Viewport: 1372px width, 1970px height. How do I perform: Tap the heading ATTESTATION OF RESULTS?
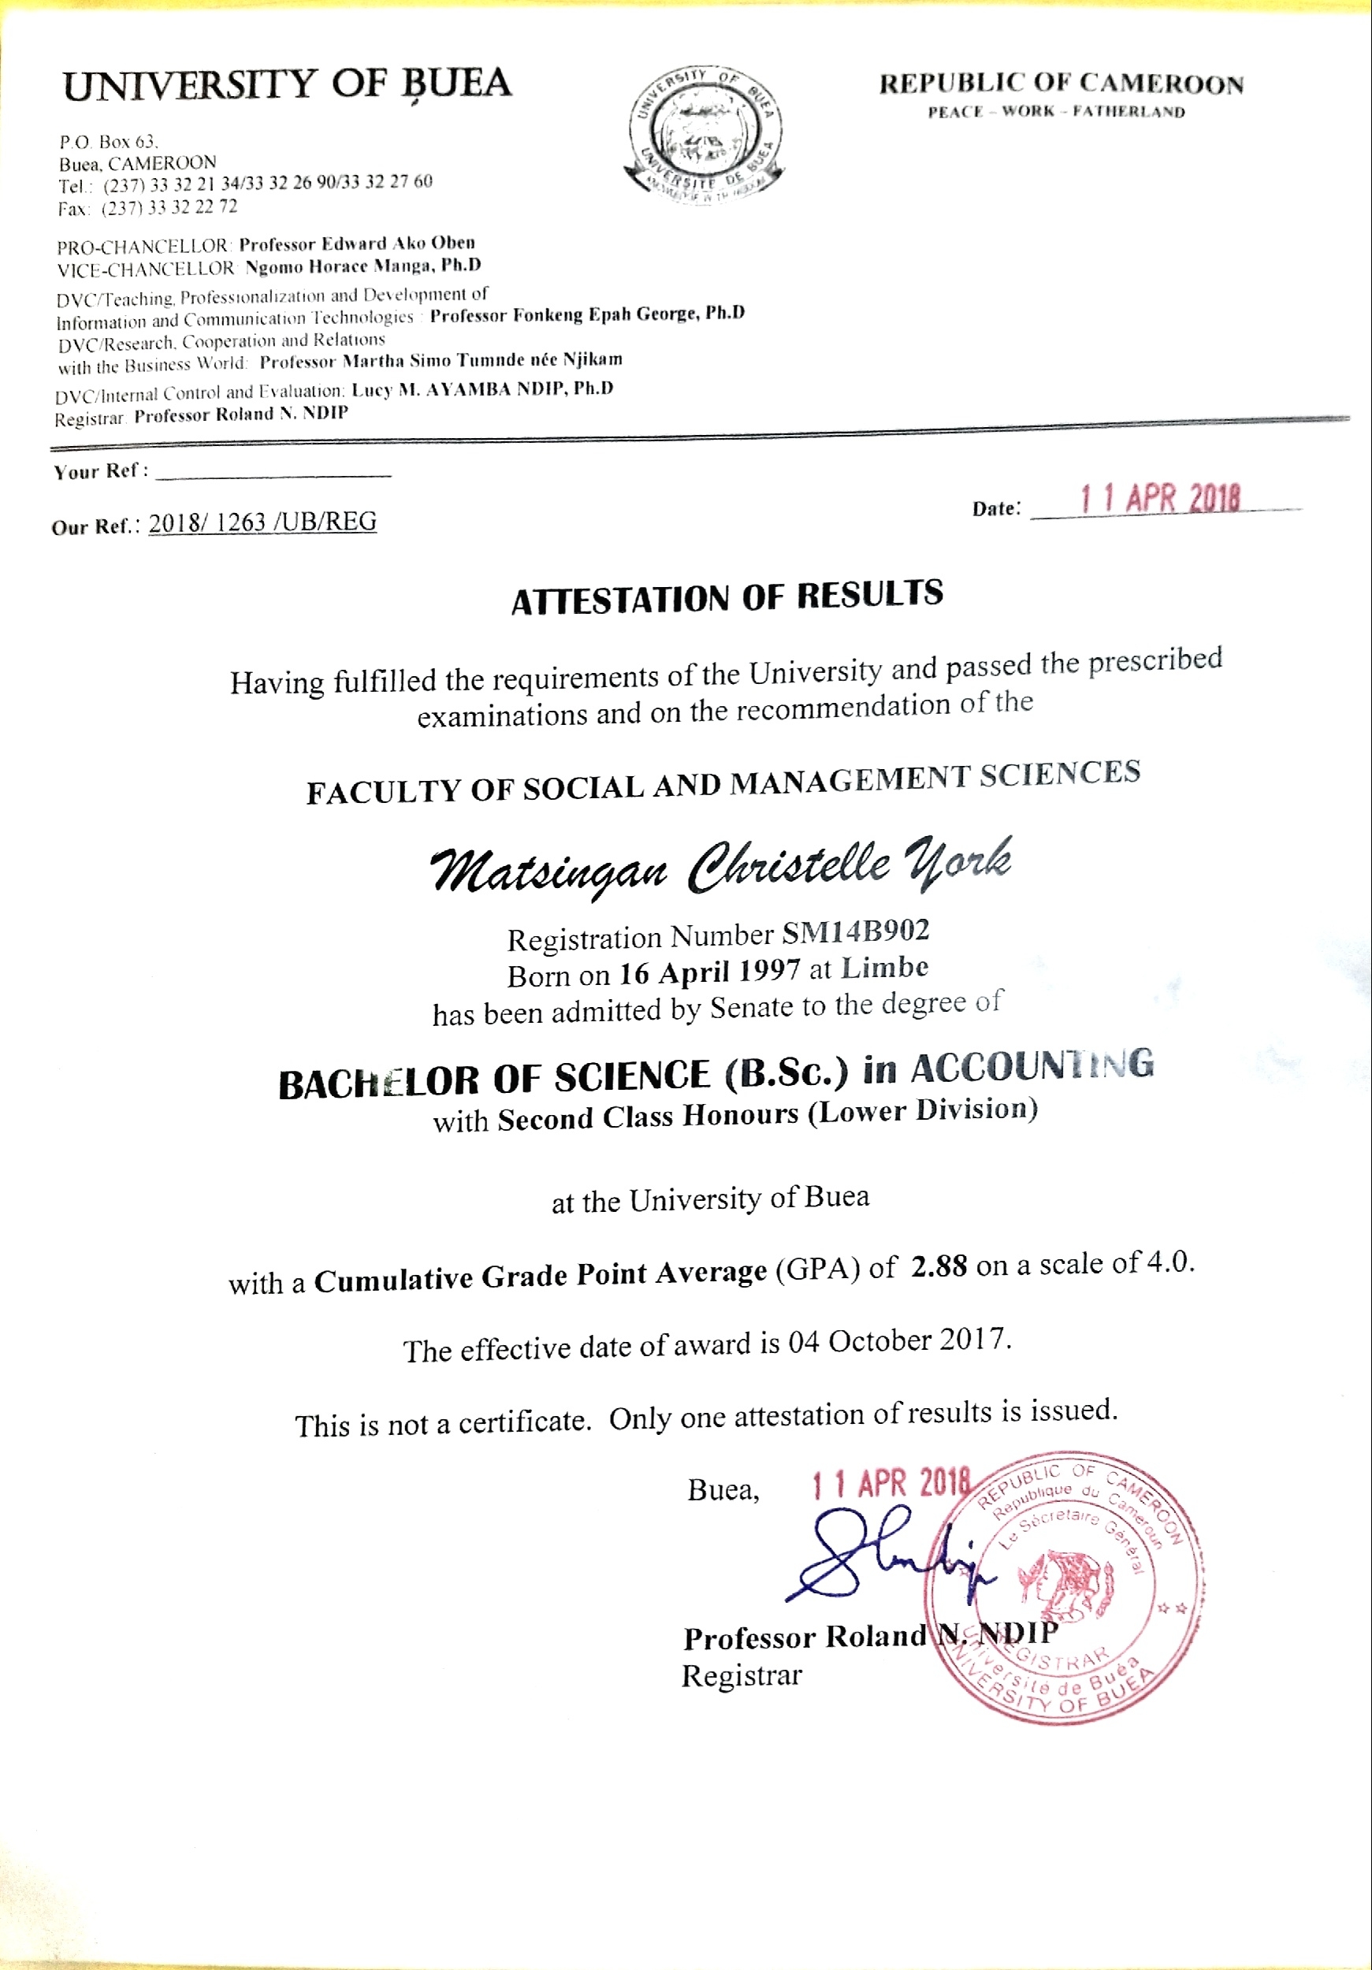click(x=727, y=597)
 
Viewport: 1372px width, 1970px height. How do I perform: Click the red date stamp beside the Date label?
click(x=1160, y=499)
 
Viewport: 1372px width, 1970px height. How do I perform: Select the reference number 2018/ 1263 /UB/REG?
click(x=262, y=522)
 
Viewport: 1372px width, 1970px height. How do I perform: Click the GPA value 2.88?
click(x=939, y=1266)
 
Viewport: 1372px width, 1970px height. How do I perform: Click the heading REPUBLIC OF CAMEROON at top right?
click(x=1061, y=84)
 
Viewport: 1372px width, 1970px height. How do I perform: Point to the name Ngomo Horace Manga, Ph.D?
click(x=363, y=266)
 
